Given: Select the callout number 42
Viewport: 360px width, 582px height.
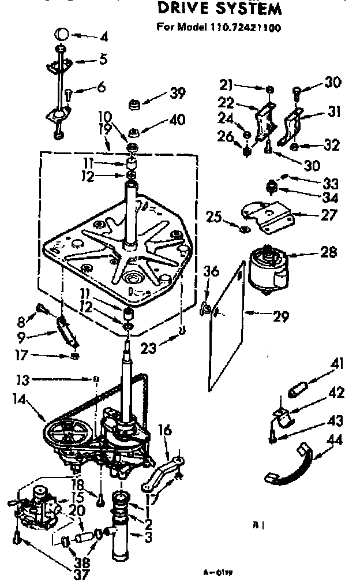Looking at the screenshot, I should point(336,393).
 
